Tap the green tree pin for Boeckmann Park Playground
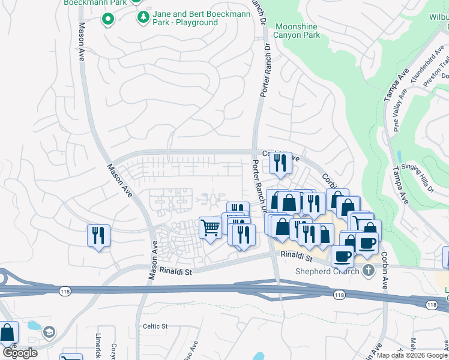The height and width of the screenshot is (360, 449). [143, 17]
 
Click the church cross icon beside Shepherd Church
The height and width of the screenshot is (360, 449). [368, 271]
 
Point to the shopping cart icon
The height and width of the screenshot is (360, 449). [209, 227]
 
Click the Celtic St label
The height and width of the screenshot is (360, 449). [154, 326]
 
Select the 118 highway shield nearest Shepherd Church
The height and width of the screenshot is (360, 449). [339, 295]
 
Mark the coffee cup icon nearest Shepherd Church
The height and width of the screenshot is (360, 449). [343, 256]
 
